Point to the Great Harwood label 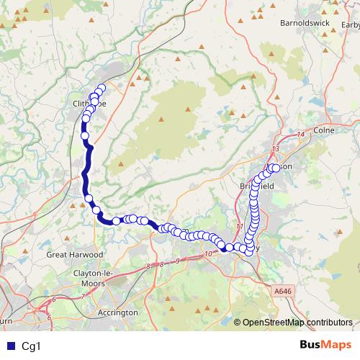(x=75, y=254)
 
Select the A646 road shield (x=284, y=290)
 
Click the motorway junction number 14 (x=300, y=135)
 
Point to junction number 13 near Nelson (x=275, y=148)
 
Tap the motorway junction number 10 (x=209, y=254)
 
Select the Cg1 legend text (x=32, y=346)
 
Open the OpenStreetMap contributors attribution (x=297, y=323)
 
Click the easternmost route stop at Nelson (x=276, y=168)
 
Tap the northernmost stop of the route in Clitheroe (x=101, y=89)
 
